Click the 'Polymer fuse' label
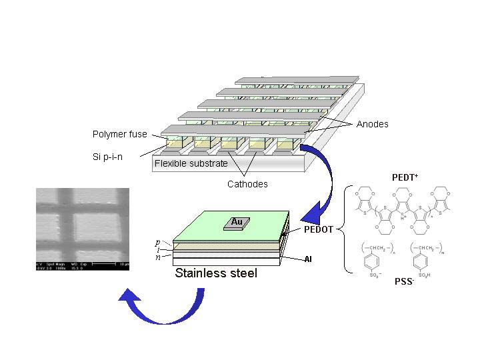(119, 135)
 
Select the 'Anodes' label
(372, 124)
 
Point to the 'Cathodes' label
(247, 184)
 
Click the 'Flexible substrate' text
(191, 163)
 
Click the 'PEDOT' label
(317, 229)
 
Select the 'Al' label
(308, 258)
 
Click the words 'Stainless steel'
(215, 273)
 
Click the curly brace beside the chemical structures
(346, 230)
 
